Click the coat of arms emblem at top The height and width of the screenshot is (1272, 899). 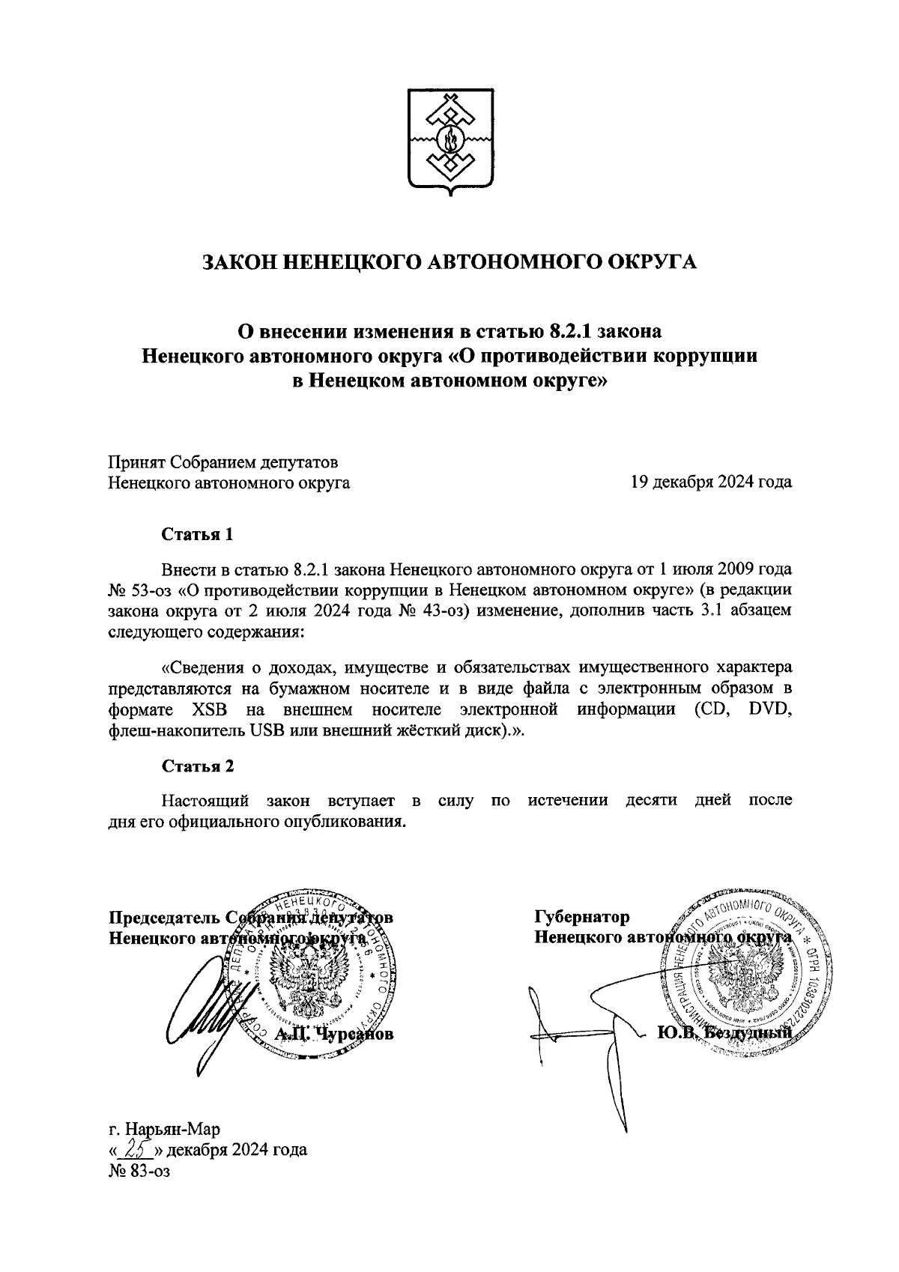point(450,142)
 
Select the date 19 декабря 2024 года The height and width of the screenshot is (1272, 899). point(711,482)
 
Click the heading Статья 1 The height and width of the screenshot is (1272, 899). point(198,535)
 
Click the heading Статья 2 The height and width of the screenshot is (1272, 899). point(198,766)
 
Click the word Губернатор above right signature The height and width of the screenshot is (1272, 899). point(581,916)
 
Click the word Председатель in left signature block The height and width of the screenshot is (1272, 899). point(164,917)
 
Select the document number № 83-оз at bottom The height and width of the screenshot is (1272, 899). point(140,1191)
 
